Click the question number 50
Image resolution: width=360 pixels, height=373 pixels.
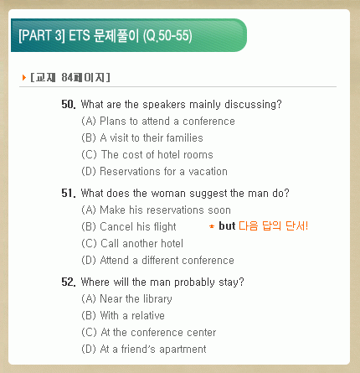pyautogui.click(x=69, y=105)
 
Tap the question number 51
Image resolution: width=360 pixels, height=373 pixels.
pyautogui.click(x=69, y=194)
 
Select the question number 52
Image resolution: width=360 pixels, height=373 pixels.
pyautogui.click(x=69, y=282)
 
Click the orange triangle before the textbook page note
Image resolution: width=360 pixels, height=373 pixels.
pyautogui.click(x=24, y=77)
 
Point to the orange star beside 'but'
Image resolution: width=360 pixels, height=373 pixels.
pyautogui.click(x=212, y=226)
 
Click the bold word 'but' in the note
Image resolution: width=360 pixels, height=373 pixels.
pyautogui.click(x=227, y=225)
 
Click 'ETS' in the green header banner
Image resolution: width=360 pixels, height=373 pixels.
pyautogui.click(x=80, y=35)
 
